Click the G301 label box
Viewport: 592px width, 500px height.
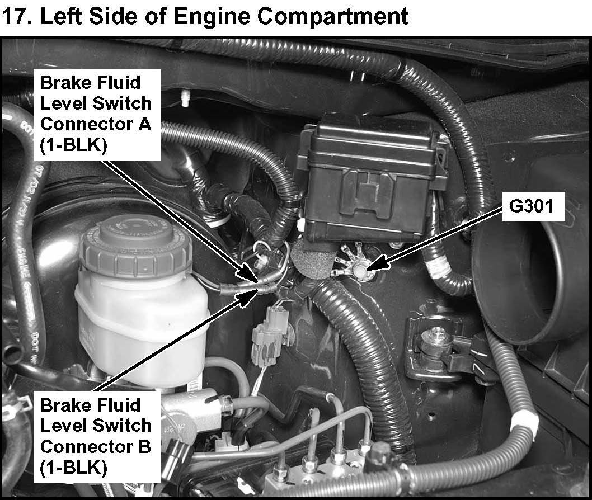point(533,206)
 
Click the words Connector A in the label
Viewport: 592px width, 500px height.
point(96,124)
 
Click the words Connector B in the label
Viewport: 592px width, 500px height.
point(96,447)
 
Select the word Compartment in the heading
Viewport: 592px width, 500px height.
point(333,17)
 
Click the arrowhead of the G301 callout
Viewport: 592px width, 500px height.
point(378,263)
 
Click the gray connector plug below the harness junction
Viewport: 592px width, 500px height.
point(270,335)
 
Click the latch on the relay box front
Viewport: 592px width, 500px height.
point(367,193)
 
